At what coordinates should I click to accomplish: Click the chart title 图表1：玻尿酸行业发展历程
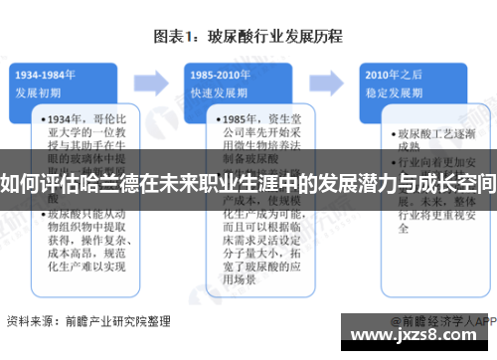click(x=248, y=37)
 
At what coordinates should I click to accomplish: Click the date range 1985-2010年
click(x=220, y=74)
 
